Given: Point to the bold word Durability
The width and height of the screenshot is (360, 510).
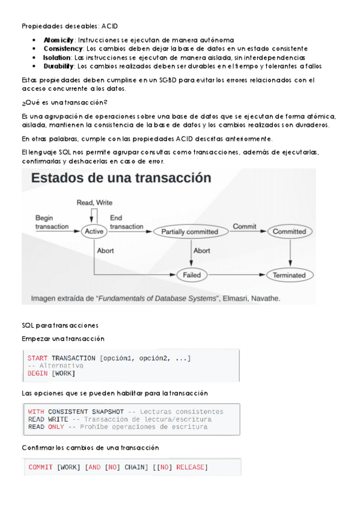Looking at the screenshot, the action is tap(58, 66).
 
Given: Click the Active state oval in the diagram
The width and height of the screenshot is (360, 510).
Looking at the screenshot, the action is tap(94, 231).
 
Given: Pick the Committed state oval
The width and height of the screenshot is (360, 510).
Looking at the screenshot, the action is tap(289, 232).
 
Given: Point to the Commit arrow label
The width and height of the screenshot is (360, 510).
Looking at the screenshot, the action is tap(245, 227).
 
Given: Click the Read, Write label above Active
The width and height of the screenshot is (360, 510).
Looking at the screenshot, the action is tap(94, 203).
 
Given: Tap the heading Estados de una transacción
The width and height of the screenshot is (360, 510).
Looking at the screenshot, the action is tap(121, 178).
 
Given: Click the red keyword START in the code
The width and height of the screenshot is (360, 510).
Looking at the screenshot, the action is tap(38, 358).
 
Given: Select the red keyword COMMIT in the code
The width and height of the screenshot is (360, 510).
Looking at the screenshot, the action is tap(41, 467).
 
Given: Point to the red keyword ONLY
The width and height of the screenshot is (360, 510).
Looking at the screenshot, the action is tap(56, 427).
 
